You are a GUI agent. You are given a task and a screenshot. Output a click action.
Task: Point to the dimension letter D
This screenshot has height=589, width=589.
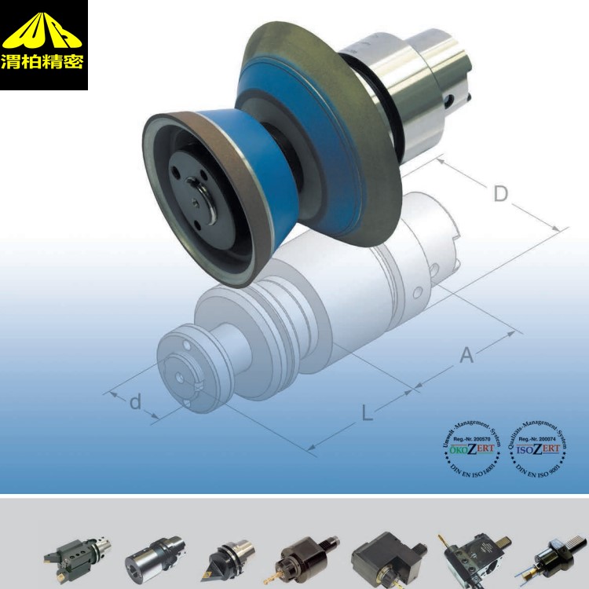[500, 193]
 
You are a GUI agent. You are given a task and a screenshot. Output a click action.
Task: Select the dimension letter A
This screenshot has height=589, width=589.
[466, 355]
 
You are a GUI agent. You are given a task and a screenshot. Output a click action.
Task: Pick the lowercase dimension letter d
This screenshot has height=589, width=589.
[135, 403]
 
